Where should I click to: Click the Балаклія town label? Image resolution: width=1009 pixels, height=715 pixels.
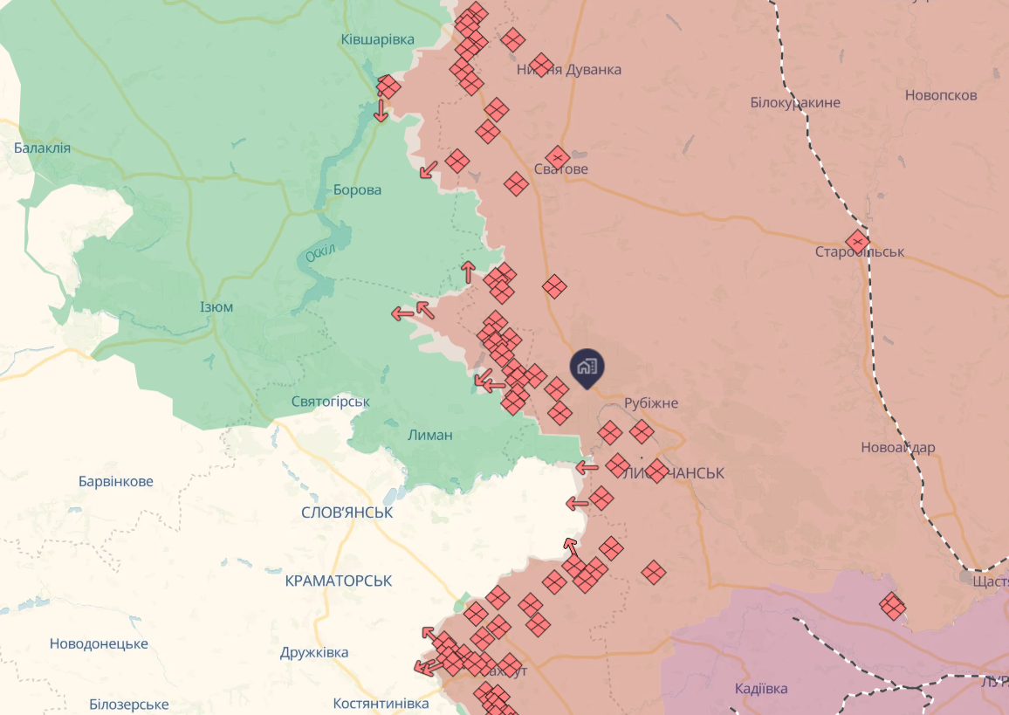[42, 148]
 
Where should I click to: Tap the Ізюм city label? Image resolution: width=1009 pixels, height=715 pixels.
[216, 306]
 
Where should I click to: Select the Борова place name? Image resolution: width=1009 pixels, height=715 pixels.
[357, 189]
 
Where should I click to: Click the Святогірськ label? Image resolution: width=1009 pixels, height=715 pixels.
[331, 402]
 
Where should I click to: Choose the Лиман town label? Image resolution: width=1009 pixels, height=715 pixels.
[430, 435]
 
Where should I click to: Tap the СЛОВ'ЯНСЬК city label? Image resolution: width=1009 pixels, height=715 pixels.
[347, 512]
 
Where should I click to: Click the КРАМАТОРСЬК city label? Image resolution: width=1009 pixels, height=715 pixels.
[339, 581]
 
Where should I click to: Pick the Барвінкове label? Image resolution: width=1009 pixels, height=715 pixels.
[115, 481]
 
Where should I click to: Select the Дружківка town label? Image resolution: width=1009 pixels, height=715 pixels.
[314, 652]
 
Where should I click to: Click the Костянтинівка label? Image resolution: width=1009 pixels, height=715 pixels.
[381, 703]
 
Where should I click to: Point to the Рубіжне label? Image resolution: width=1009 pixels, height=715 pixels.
[651, 403]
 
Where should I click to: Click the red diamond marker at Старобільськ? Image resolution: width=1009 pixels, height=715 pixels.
[858, 240]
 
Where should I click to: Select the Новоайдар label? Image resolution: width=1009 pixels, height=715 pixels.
[897, 448]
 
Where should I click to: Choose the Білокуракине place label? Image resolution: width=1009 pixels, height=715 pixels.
[795, 102]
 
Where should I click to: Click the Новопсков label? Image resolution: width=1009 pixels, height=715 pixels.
[941, 95]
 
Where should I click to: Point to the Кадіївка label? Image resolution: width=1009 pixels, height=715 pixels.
[761, 688]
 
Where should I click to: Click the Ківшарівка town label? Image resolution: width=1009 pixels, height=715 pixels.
[377, 39]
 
